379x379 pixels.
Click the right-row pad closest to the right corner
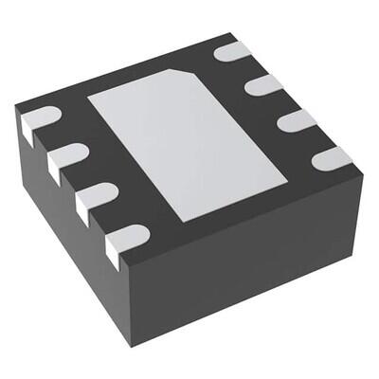[x=331, y=157]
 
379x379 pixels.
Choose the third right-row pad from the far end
[x=296, y=120]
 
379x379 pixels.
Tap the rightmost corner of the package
[x=363, y=171]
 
